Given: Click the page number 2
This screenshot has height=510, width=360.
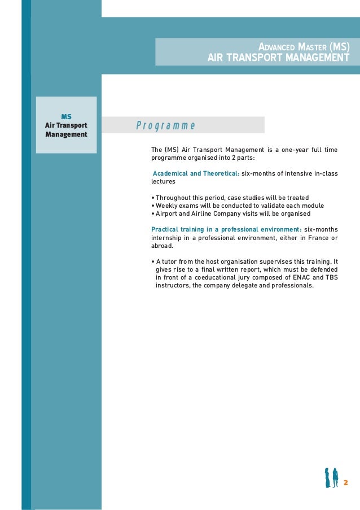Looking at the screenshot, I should click(x=345, y=482).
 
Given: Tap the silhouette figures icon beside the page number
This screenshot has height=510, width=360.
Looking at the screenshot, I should click(x=331, y=478).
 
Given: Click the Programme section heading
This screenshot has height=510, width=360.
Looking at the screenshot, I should click(x=165, y=125).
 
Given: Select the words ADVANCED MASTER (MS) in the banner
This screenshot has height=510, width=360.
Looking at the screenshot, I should click(x=304, y=47).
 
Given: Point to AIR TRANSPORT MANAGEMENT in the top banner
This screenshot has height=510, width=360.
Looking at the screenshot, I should click(x=278, y=58).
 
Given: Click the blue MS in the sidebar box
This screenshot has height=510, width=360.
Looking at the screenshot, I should click(x=66, y=116).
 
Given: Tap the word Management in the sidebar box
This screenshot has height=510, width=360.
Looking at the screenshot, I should click(x=66, y=134).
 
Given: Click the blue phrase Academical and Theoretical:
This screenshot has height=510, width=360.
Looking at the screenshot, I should click(x=196, y=173).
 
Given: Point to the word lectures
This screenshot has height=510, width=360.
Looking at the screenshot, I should click(x=163, y=182).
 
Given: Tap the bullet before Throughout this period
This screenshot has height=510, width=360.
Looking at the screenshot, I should click(x=153, y=198).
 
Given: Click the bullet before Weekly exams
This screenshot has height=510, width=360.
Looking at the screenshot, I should click(x=153, y=206).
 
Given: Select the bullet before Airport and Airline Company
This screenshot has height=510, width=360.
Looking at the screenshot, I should click(x=153, y=215).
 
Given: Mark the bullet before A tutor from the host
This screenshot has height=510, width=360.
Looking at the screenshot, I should click(x=153, y=261).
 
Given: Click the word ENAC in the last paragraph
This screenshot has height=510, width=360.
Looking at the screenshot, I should click(x=295, y=277).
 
